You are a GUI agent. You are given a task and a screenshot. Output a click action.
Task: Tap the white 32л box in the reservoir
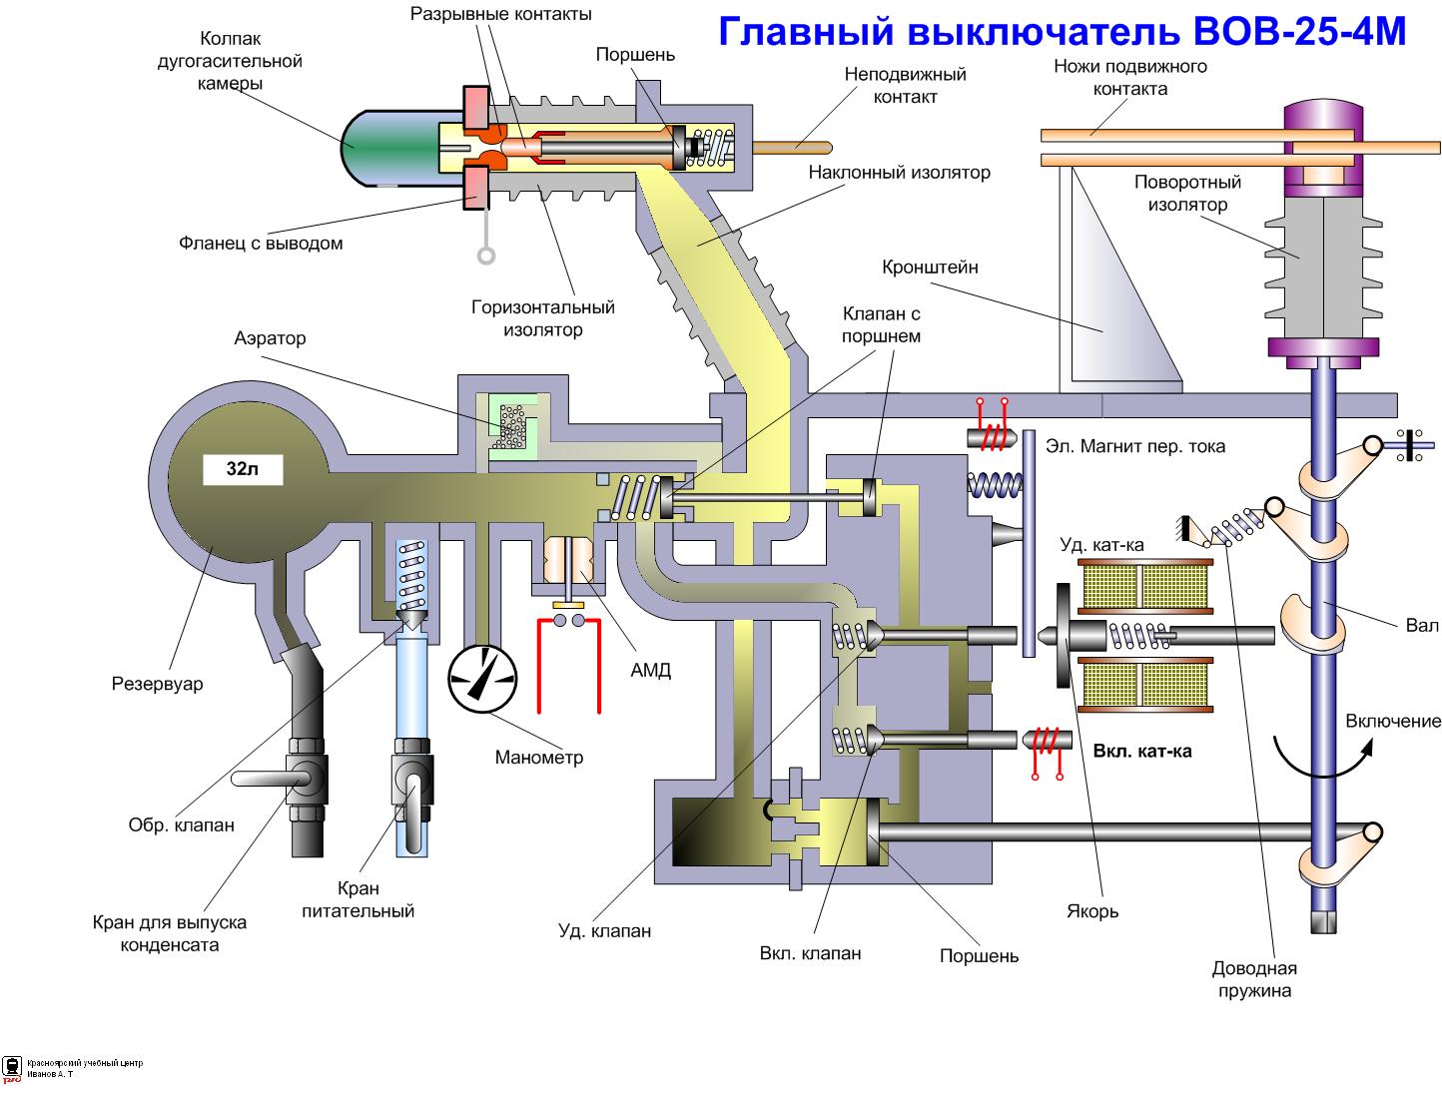(243, 469)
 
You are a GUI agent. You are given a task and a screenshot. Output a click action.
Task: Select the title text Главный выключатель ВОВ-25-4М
(1062, 32)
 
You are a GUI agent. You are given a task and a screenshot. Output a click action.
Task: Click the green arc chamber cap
(389, 148)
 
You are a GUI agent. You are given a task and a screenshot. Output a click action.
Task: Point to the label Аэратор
(270, 338)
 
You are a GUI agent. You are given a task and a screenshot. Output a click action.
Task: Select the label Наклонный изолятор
(899, 173)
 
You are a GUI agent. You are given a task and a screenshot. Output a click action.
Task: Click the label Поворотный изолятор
(1187, 194)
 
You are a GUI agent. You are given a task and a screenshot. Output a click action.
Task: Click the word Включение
(1393, 722)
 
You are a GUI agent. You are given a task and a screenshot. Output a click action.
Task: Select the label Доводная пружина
(1253, 979)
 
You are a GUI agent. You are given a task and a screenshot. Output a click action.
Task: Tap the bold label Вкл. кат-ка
(1142, 752)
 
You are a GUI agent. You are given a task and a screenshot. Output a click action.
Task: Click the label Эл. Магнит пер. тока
(1134, 446)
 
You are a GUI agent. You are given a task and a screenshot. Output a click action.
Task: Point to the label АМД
(650, 671)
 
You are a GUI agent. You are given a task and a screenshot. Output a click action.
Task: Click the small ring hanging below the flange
(486, 256)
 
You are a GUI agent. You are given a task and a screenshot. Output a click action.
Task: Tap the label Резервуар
(157, 684)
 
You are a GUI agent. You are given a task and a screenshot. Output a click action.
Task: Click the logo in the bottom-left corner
(13, 1068)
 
